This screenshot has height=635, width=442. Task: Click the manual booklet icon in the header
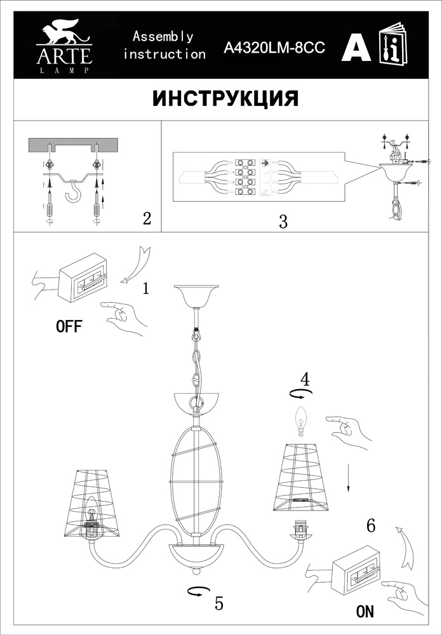coord(393,43)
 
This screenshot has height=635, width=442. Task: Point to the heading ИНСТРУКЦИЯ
coord(225,98)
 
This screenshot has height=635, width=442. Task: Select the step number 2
coord(147,218)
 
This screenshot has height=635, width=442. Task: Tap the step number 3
coord(283,222)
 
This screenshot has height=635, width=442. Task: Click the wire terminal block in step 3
coord(246,177)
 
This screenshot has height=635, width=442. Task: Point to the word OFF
coord(69,326)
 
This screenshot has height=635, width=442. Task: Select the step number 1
coord(146,288)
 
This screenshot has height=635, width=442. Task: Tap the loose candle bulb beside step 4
coord(300,422)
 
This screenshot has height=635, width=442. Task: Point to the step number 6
coord(371,526)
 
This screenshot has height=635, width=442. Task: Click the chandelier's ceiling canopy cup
coord(195,296)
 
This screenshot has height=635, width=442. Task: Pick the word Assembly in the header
coord(163,37)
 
